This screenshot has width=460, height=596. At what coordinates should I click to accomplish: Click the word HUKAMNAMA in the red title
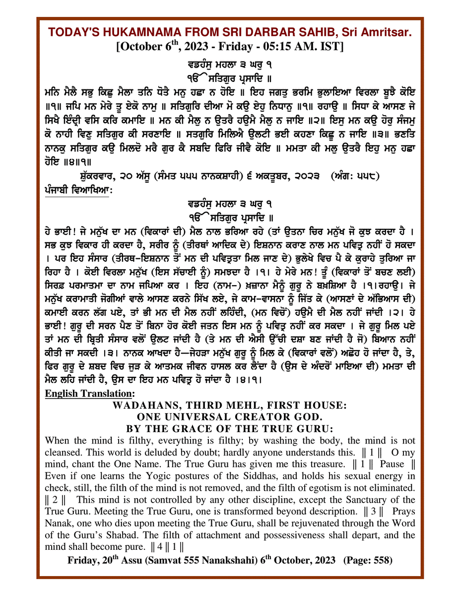122,32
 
